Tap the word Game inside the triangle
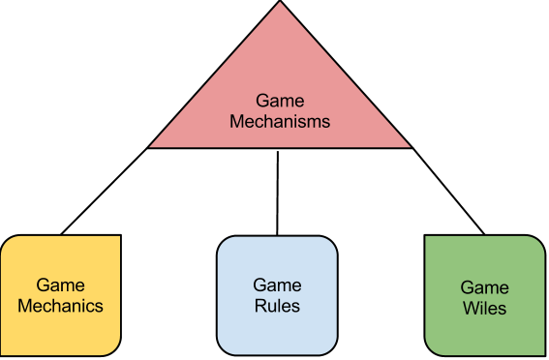click(279, 101)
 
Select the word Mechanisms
click(279, 122)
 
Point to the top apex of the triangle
click(279, 4)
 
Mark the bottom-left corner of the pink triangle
click(151, 146)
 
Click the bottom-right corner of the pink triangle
click(409, 146)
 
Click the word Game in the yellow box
click(60, 285)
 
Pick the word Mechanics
click(60, 307)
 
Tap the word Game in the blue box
click(277, 285)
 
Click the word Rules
click(277, 307)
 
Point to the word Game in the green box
click(484, 288)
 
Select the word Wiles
click(484, 310)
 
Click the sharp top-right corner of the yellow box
click(119, 237)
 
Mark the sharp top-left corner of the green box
click(427, 237)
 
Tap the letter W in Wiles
click(469, 310)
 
